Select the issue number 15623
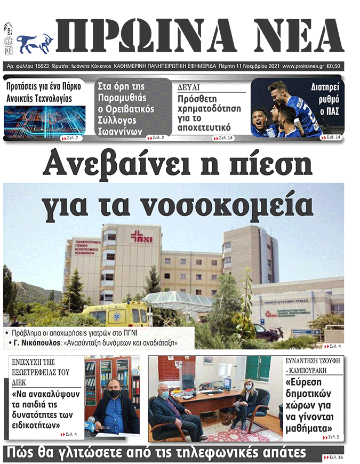point(39,66)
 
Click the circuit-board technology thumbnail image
point(44,120)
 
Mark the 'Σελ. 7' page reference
point(73,138)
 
